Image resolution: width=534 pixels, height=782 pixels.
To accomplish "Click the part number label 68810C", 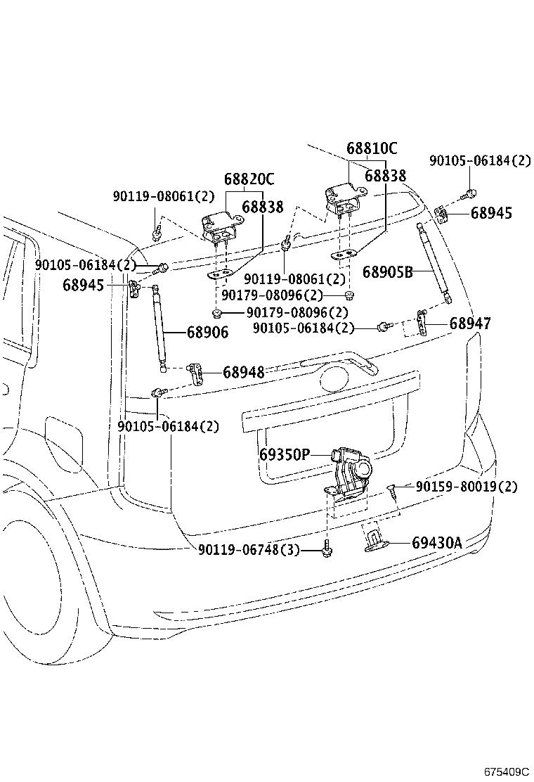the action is click(x=372, y=148).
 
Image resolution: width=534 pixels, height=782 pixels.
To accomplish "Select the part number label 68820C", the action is click(x=249, y=179).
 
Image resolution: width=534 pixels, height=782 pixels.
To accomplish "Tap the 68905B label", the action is click(x=388, y=272).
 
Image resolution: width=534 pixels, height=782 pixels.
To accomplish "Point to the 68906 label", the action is click(x=208, y=332).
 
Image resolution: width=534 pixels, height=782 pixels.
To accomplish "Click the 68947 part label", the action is click(x=470, y=323).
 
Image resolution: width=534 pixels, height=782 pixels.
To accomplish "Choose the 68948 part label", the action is click(x=244, y=372).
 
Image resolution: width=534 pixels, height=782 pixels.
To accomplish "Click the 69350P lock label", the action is click(x=285, y=455).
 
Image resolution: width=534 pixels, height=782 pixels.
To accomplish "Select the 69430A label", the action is click(x=437, y=543).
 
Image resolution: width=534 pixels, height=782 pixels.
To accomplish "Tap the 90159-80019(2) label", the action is click(x=467, y=486).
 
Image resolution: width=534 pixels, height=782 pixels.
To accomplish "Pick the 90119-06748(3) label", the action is click(x=249, y=550).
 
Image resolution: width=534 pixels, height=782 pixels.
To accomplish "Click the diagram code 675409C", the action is click(x=507, y=772).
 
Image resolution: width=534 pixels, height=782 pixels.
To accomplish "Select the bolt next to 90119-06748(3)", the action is click(x=327, y=548).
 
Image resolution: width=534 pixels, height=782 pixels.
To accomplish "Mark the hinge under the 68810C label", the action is click(x=346, y=198).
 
